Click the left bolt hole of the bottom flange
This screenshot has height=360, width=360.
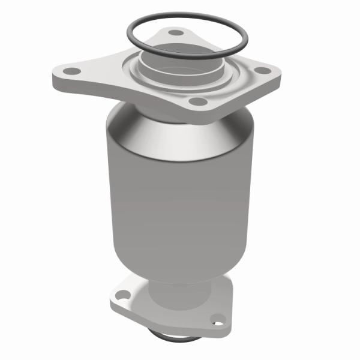coord(121,295)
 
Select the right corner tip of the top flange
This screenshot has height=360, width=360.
coord(283,75)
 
